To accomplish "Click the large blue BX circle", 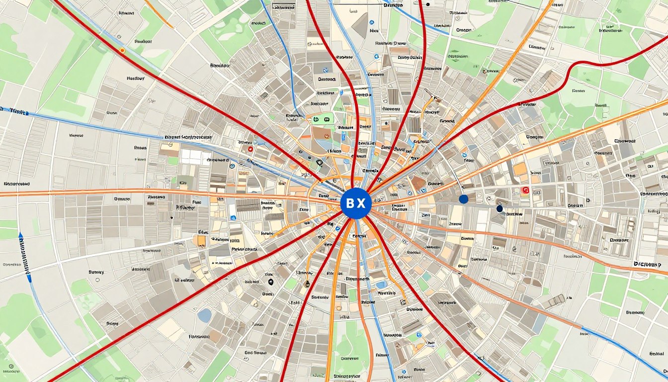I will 356,203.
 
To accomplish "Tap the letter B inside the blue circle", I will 349,203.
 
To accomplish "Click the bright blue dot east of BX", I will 464,199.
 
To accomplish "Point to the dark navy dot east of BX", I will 500,209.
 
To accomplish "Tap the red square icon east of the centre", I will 525,190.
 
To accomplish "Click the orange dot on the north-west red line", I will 122,50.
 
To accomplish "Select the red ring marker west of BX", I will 250,148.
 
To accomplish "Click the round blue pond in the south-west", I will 204,315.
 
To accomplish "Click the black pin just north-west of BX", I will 319,162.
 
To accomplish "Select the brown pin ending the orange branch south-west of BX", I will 307,285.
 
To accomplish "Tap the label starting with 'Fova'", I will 199,337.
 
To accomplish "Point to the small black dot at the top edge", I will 427,3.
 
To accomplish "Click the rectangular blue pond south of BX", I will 381,285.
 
